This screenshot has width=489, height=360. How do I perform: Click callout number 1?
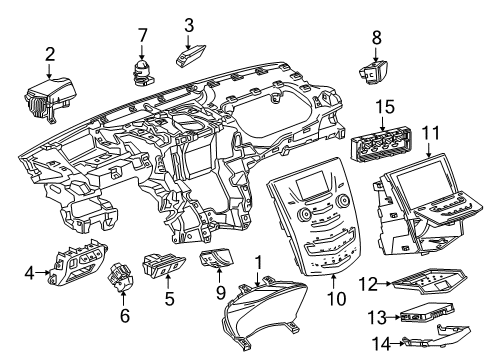260,261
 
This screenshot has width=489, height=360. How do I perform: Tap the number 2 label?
49,52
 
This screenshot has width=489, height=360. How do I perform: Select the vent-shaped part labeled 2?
45,97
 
